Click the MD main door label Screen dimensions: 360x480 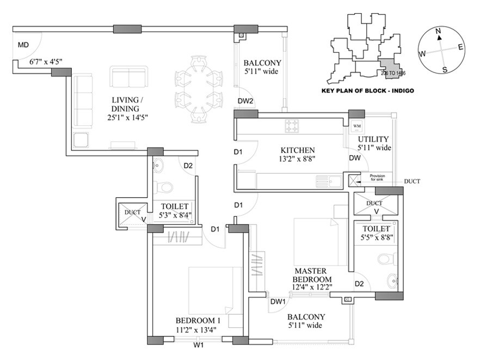coord(23,45)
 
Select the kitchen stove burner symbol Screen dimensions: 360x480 coord(292,126)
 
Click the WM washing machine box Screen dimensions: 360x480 coord(357,126)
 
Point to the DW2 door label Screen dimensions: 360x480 coord(246,101)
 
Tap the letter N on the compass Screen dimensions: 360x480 coord(438,32)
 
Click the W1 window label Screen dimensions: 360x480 coord(199,344)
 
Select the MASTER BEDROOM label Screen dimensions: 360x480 coord(311,275)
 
